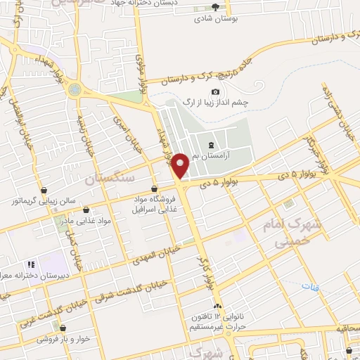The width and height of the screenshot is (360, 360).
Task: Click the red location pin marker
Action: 181,166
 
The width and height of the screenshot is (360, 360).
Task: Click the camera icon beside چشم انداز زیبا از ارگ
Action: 215,92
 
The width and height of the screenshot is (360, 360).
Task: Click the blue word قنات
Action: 310,287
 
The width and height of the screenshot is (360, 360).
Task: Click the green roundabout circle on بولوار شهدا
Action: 74,89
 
